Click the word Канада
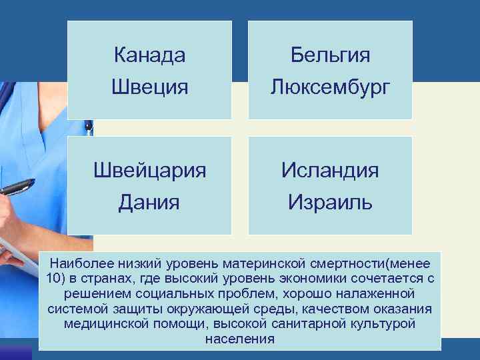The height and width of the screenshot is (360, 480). (149, 55)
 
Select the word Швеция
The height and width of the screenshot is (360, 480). (149, 87)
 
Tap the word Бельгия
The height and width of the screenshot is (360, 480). (330, 55)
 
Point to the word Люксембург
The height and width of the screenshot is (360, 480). (330, 87)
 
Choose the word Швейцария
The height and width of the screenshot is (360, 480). (149, 170)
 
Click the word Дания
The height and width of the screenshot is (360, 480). (149, 201)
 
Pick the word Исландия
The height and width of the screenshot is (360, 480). (330, 170)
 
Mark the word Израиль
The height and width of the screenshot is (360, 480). (330, 201)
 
